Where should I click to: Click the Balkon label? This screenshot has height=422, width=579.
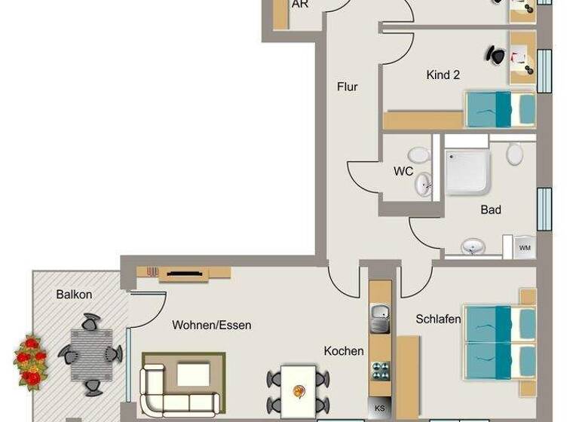coord(74,295)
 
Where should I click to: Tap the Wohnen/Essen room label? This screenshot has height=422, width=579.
coord(212,326)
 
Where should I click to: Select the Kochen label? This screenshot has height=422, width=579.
coord(344,350)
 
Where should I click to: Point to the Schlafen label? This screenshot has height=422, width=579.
coord(438,320)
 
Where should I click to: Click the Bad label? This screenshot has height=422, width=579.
coord(491,209)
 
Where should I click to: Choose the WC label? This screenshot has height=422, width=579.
coord(403,171)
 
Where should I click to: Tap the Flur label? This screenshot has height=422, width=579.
coord(347,87)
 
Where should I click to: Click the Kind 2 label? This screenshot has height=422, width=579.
coord(443,75)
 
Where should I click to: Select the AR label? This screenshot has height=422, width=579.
coord(299,5)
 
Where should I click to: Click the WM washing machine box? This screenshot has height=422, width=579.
coord(525,247)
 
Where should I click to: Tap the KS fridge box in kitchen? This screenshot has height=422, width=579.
coord(380,408)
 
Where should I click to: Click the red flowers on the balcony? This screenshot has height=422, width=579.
coord(31,361)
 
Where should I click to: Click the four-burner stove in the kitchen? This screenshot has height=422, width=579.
coord(380,371)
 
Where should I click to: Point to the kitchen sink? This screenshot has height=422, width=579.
coord(379,318)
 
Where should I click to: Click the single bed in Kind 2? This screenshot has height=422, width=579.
coord(499,109)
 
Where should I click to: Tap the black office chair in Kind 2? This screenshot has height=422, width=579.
coord(496,55)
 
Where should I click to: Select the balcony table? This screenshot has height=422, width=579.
coord(91,353)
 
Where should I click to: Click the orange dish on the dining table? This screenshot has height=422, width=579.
coord(299,390)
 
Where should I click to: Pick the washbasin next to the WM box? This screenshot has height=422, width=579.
coord(473,246)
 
